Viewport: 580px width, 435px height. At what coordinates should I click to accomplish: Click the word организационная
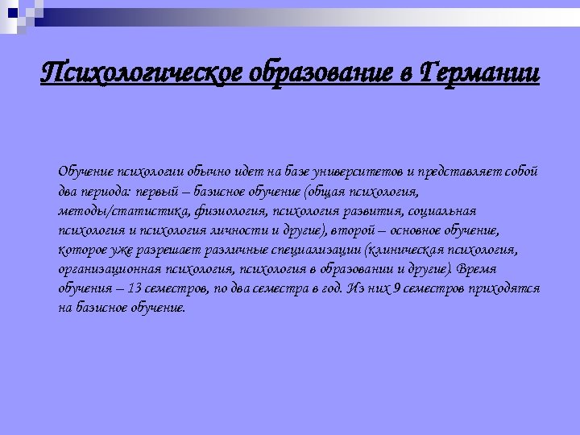pyautogui.click(x=106, y=269)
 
